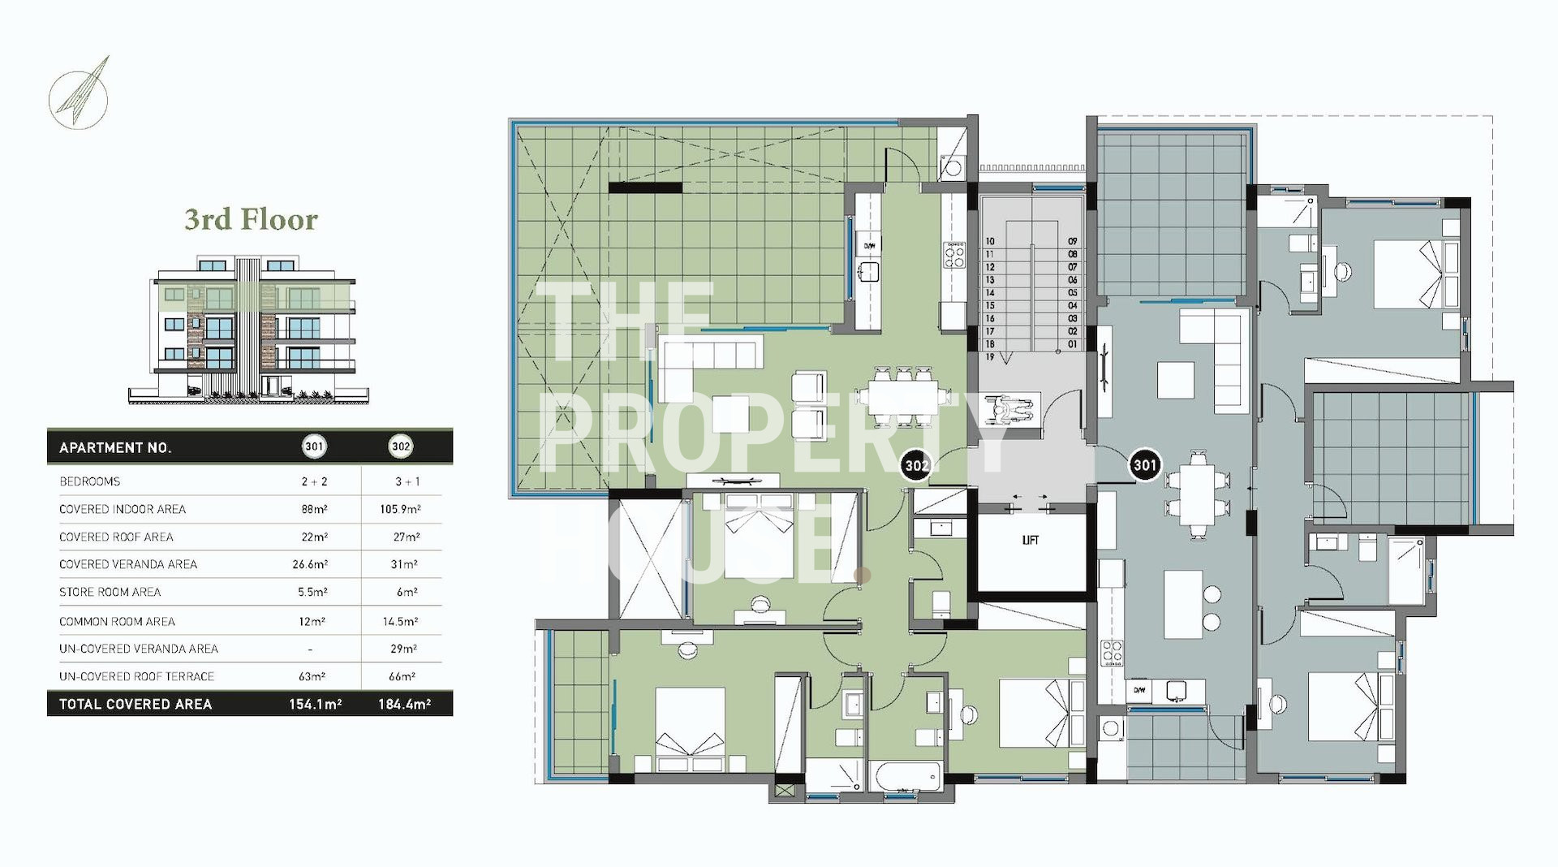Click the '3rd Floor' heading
pyautogui.click(x=251, y=219)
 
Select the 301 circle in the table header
pyautogui.click(x=314, y=446)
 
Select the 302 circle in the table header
pyautogui.click(x=401, y=446)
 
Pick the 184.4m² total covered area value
pyautogui.click(x=404, y=704)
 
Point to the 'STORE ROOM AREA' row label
pyautogui.click(x=110, y=592)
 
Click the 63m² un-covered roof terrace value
pyautogui.click(x=311, y=676)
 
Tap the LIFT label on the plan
pyautogui.click(x=1030, y=540)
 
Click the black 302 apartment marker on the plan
pyautogui.click(x=916, y=465)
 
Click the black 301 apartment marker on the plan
pyautogui.click(x=1144, y=465)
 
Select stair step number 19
pyautogui.click(x=990, y=357)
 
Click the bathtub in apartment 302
pyautogui.click(x=907, y=776)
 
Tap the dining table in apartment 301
pyautogui.click(x=1197, y=495)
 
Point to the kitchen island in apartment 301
pyautogui.click(x=1183, y=604)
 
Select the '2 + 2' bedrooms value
pyautogui.click(x=314, y=481)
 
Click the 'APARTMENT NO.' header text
pyautogui.click(x=115, y=447)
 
